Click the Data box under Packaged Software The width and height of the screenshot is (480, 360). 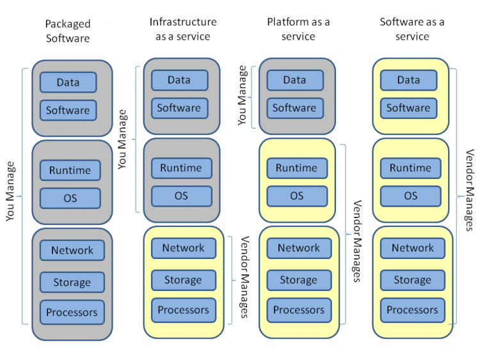tap(68, 82)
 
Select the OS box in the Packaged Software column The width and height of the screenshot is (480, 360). tap(70, 198)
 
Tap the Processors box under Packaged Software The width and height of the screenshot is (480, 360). tap(72, 313)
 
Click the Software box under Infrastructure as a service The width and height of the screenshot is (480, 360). tap(179, 108)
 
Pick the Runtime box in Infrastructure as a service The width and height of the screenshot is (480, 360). tap(180, 168)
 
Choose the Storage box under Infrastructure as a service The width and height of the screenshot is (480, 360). tap(183, 280)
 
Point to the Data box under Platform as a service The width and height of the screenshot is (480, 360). tap(294, 80)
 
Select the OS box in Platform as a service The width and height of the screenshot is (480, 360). tap(296, 196)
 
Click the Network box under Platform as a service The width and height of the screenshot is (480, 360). tap(299, 248)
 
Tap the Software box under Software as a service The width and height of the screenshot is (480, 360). tap(408, 108)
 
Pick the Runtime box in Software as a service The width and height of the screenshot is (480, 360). tap(410, 168)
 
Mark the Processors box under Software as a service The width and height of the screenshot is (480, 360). tap(412, 310)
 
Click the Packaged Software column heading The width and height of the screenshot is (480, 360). tap(68, 31)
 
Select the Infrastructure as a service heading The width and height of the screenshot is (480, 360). tap(183, 29)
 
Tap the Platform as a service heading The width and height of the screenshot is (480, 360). tap(298, 29)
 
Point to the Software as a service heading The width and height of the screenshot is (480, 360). tap(412, 29)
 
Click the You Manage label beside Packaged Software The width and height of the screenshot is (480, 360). tap(11, 191)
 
